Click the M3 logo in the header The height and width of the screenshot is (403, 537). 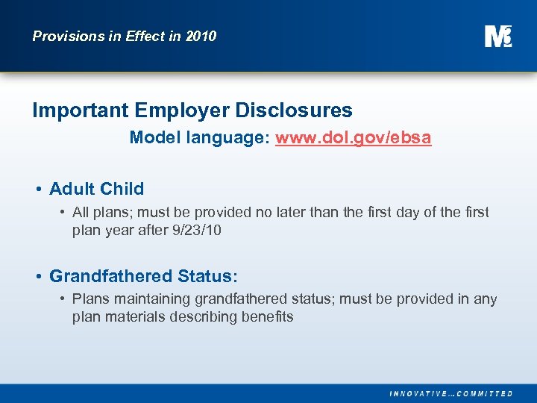(x=497, y=36)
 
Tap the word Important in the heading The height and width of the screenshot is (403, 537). (x=81, y=111)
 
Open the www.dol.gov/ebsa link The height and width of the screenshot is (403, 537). (x=353, y=138)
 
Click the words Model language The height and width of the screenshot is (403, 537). (x=198, y=138)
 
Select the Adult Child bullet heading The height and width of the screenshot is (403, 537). (x=96, y=189)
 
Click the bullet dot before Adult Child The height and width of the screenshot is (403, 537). (x=38, y=190)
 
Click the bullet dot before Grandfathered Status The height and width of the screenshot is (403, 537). (x=38, y=277)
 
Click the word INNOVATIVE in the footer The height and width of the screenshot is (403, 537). (x=419, y=393)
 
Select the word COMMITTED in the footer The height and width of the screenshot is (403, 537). (x=484, y=393)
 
